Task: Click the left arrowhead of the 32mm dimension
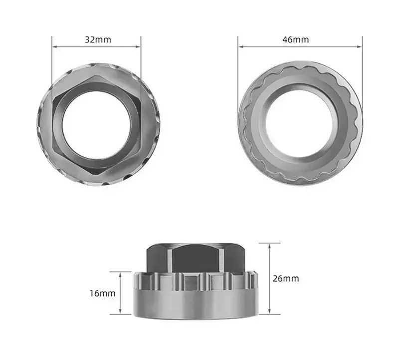point(54,47)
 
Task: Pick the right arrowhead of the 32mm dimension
point(139,47)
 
